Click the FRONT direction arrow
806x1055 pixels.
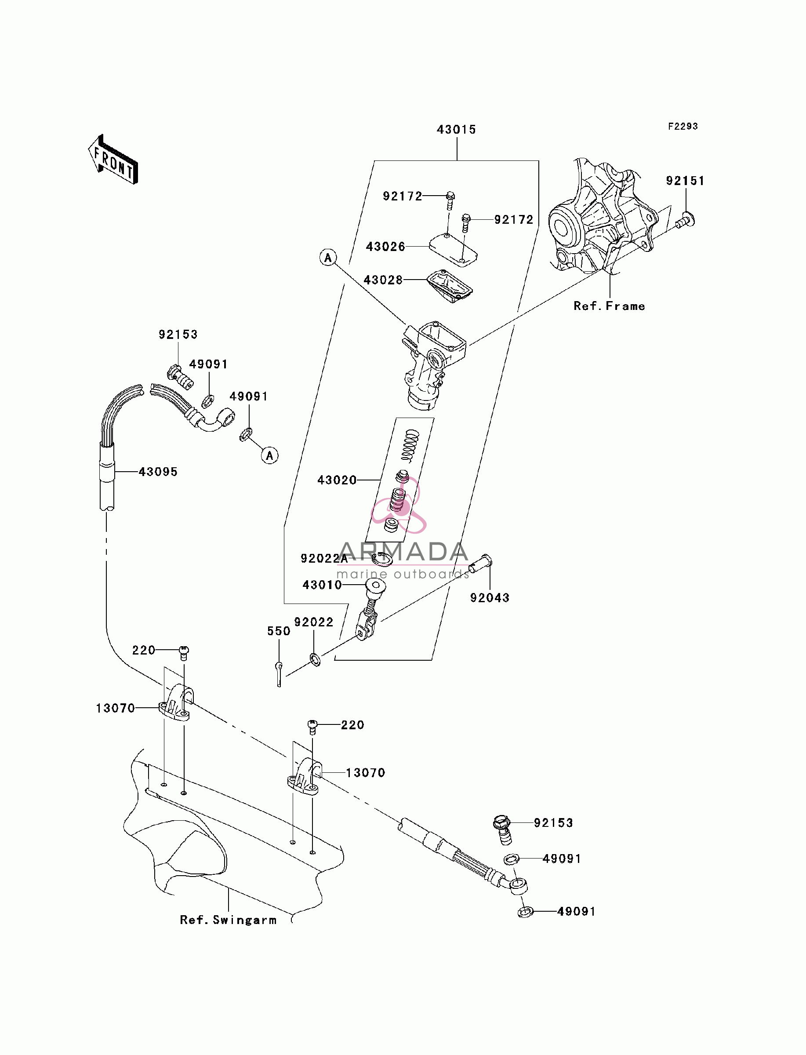(x=113, y=159)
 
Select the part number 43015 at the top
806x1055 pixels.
(x=456, y=130)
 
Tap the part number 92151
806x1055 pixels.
(x=685, y=181)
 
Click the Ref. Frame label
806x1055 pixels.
(x=609, y=306)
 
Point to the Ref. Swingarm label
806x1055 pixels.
(x=229, y=920)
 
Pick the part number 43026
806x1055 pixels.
(x=385, y=247)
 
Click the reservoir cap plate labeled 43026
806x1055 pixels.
(x=453, y=249)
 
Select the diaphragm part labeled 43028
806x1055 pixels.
(x=450, y=287)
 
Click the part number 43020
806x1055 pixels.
(x=337, y=480)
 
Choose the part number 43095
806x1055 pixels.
(x=158, y=472)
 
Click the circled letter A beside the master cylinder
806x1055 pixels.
(x=328, y=258)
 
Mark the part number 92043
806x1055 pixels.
(x=490, y=598)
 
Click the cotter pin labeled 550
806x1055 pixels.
(x=279, y=673)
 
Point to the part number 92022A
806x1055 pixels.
(x=324, y=558)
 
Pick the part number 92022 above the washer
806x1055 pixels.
(x=313, y=622)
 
